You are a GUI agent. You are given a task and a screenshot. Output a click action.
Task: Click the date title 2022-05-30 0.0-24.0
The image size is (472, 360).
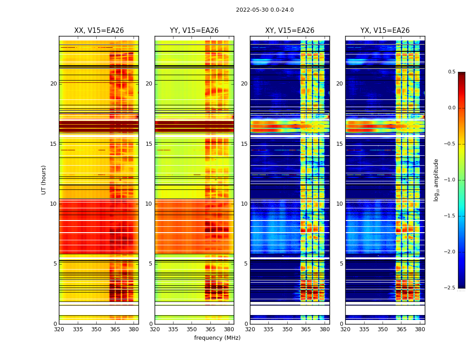[x=265, y=10]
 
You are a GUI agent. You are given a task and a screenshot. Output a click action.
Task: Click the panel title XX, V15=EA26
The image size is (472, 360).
[x=99, y=31]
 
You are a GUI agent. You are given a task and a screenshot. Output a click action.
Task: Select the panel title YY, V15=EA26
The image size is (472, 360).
[x=194, y=31]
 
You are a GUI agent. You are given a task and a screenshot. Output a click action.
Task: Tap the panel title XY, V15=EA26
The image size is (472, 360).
[x=289, y=31]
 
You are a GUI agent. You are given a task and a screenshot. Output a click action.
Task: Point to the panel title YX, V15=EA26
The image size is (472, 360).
[x=385, y=31]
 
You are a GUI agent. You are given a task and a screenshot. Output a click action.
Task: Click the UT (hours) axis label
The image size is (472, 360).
[x=44, y=180]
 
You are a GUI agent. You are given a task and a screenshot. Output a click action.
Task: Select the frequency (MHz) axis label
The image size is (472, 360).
[x=217, y=338]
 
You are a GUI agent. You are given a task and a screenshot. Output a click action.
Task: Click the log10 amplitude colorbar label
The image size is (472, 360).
[x=436, y=180]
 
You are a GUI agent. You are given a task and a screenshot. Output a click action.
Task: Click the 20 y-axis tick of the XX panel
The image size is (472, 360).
[x=53, y=84]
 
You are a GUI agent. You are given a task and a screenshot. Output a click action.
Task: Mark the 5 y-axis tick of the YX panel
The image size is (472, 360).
[x=341, y=264]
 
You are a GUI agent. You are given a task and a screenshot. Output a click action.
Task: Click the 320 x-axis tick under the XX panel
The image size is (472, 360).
[x=59, y=329]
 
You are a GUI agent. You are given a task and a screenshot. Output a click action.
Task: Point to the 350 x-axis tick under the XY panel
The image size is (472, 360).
[x=287, y=329]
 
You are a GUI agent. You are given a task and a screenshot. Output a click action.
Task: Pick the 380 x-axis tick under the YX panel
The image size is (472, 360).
[x=420, y=329]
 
